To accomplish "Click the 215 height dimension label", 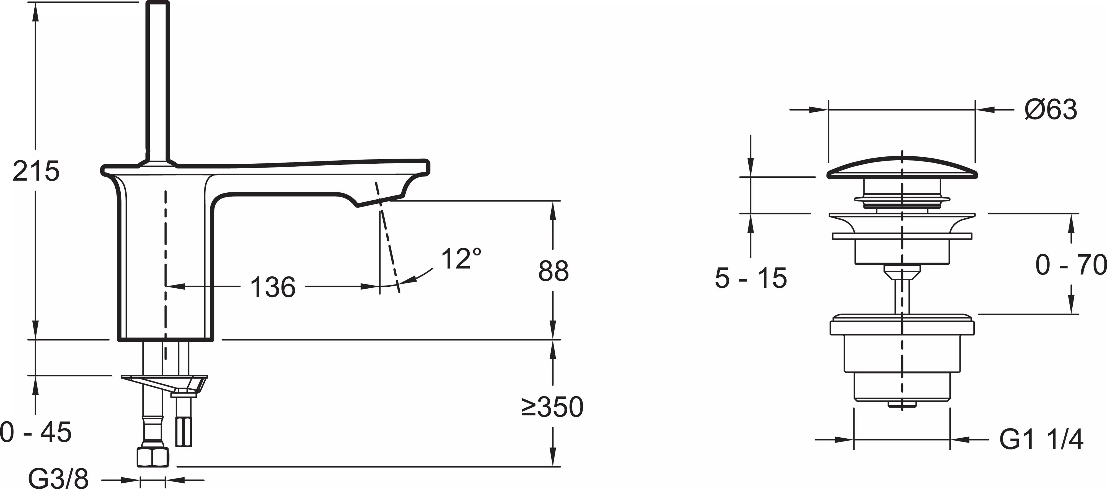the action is pos(36,171).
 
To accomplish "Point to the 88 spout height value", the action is pos(553,271).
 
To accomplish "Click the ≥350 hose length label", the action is pos(552,407).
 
